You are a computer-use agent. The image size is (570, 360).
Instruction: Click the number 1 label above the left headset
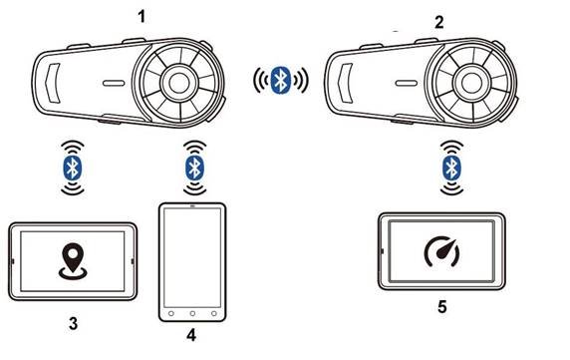click(x=142, y=17)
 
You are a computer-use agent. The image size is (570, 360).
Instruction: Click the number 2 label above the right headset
click(x=439, y=23)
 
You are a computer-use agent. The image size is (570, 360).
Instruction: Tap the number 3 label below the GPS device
click(x=73, y=323)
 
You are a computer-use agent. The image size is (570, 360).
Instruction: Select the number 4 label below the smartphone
click(x=191, y=335)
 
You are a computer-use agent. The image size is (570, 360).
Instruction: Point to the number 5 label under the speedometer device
click(x=442, y=307)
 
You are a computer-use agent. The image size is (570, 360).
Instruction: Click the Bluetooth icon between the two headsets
click(x=281, y=80)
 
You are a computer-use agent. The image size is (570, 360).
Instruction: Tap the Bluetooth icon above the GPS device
click(x=73, y=168)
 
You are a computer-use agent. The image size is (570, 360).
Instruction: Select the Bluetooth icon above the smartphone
click(x=195, y=168)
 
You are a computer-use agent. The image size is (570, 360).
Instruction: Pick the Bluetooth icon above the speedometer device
click(x=451, y=168)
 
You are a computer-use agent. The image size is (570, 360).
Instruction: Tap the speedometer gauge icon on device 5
click(x=442, y=251)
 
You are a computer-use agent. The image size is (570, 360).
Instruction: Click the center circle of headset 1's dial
click(x=179, y=83)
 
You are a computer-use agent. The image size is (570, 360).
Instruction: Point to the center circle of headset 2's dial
click(x=471, y=83)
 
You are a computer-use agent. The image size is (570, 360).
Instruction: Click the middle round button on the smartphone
click(x=192, y=313)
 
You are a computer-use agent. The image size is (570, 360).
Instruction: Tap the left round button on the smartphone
click(x=170, y=313)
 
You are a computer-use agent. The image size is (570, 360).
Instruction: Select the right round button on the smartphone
click(x=213, y=313)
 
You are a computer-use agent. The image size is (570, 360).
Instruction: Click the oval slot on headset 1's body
click(x=114, y=84)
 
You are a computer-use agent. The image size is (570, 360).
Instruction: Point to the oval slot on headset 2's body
click(x=406, y=84)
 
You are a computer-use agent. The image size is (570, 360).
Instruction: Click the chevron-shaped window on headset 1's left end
click(x=53, y=83)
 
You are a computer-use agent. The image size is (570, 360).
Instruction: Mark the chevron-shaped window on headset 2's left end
click(x=346, y=83)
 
